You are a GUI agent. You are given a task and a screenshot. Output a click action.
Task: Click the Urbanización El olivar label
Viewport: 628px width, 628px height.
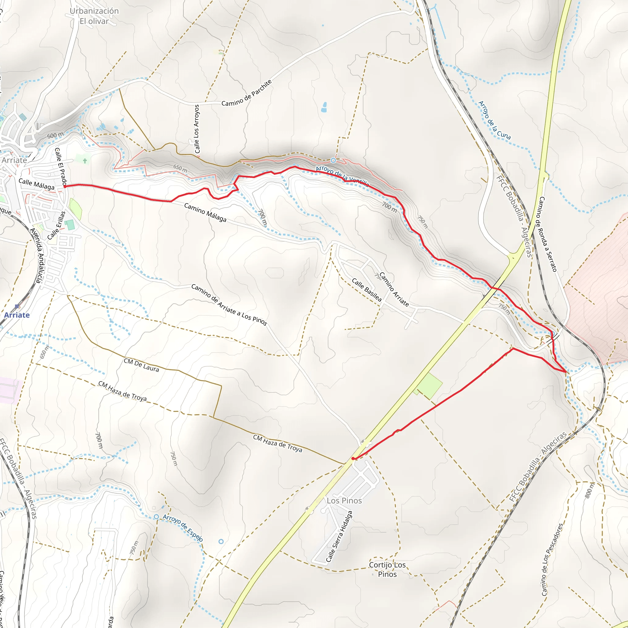(94, 16)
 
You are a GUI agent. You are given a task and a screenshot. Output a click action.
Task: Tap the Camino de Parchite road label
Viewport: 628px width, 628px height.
(247, 93)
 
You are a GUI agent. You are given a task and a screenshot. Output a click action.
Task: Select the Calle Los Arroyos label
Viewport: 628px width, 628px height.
(197, 129)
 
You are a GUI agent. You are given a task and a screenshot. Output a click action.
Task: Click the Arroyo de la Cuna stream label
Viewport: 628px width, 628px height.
(494, 120)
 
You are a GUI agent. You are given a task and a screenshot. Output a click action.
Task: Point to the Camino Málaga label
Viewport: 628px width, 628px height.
(205, 213)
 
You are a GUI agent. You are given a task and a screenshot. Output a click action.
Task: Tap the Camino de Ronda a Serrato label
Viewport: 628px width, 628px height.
(548, 234)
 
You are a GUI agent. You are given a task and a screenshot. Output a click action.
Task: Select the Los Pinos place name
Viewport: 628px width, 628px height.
(344, 500)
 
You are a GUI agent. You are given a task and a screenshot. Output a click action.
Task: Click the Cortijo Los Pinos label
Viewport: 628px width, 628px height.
(387, 569)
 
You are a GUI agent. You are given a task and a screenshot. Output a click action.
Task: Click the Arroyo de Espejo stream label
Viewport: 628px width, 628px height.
(183, 528)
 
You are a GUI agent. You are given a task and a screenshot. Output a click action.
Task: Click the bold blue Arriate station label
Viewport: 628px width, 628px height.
(17, 315)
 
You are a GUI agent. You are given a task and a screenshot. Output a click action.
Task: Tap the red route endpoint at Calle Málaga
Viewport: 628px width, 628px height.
(65, 186)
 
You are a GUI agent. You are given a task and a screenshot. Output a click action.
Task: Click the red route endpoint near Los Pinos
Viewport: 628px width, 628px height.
(353, 459)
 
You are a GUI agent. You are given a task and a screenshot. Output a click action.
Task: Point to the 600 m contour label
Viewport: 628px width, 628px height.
(55, 135)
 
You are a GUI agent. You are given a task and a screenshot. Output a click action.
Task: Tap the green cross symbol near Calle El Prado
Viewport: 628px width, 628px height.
(85, 161)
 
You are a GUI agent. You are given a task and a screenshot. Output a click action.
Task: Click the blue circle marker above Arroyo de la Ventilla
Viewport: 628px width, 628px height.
(333, 160)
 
